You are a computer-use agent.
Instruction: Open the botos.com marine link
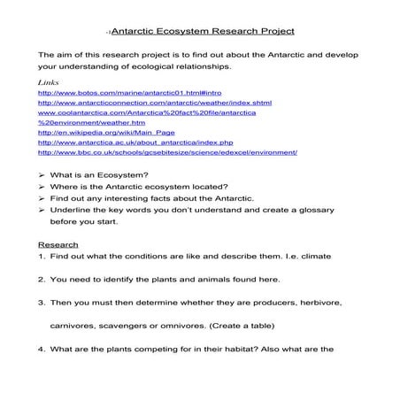coord(105,92)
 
